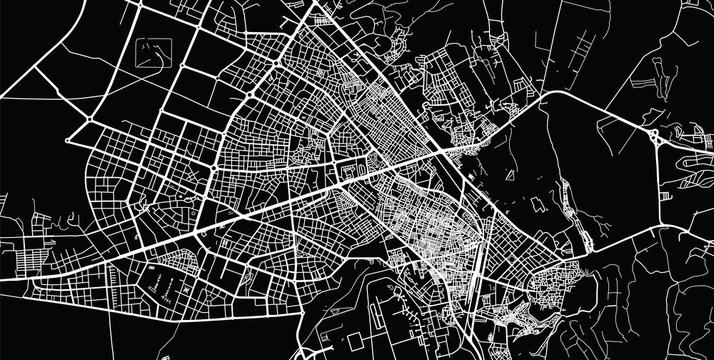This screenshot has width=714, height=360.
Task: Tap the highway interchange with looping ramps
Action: [x=654, y=136]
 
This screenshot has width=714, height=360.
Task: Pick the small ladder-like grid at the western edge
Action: [x=30, y=250]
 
